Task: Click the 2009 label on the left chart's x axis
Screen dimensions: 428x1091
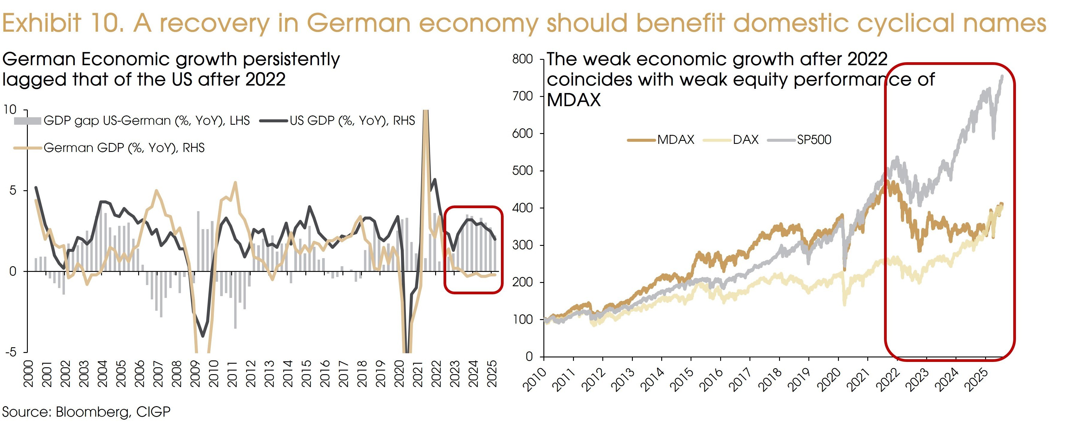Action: [x=195, y=374]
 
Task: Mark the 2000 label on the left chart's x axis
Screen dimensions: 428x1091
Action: [x=28, y=374]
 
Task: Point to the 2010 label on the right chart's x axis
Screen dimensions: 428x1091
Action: [x=534, y=379]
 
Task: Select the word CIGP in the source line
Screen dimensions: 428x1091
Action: [x=153, y=412]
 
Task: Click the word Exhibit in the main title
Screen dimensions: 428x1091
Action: [x=41, y=23]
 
